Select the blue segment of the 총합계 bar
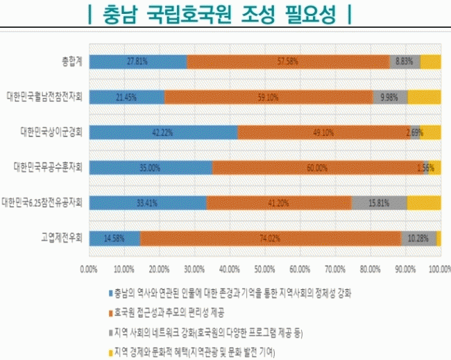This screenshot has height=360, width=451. (x=138, y=61)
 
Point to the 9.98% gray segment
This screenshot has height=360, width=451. (x=390, y=97)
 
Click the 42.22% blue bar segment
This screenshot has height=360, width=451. (x=164, y=132)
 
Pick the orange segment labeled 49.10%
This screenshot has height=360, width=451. (x=323, y=132)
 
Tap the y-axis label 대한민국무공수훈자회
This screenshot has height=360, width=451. (x=48, y=167)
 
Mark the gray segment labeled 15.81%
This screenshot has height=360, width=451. (x=379, y=203)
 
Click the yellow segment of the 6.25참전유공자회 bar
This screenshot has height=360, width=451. (x=423, y=203)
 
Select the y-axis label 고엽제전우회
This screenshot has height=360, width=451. (x=62, y=238)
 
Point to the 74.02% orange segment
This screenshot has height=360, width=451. (x=271, y=238)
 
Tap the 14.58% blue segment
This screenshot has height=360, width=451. (x=115, y=238)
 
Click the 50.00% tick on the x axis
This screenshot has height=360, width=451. (x=264, y=268)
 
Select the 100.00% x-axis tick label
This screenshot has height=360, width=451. (x=439, y=268)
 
